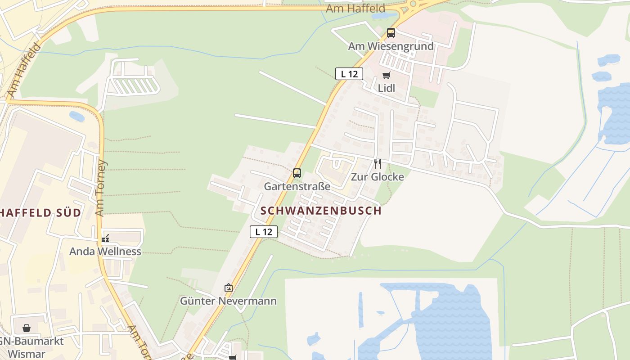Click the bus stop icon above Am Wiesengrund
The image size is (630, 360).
391,33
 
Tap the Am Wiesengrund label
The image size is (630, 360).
391,46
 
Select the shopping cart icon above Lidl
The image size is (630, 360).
386,75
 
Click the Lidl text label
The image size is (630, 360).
386,88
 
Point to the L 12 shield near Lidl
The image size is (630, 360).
349,74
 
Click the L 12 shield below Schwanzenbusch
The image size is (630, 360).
264,232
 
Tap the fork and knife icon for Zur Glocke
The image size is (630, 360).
377,163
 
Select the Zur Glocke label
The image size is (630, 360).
377,177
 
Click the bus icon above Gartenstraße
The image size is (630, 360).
297,173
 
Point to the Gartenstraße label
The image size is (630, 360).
297,186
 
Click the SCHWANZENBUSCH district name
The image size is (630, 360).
321,211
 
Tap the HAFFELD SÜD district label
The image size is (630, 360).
40,212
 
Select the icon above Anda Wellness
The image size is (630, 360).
105,238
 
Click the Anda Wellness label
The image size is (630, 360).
105,252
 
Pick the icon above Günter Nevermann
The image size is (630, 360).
229,288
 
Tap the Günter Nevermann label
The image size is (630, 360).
228,301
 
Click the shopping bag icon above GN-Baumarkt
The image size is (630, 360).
27,328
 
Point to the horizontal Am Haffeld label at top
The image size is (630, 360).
355,9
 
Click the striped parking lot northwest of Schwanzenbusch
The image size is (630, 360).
135,86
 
